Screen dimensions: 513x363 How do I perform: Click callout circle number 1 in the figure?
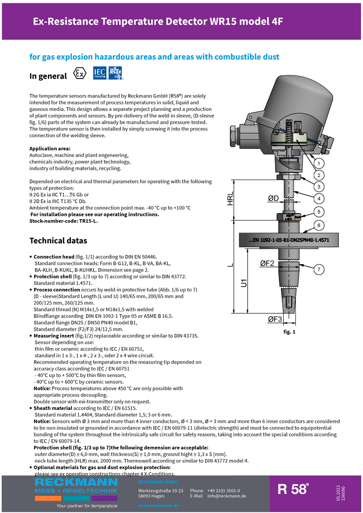(319, 163)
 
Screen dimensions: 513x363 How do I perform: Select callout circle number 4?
(319, 198)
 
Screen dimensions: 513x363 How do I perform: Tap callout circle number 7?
(319, 270)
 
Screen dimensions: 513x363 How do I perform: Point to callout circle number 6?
(319, 225)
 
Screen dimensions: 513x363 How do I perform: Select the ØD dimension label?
(273, 199)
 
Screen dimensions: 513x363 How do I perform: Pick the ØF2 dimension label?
(267, 264)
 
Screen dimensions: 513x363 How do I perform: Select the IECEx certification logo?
(116, 72)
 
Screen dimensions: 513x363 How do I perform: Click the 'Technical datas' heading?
(58, 240)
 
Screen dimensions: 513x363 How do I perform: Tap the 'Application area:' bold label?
(50, 149)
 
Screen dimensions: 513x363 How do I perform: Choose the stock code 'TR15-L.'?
(88, 221)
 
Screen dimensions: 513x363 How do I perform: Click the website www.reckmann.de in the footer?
(158, 505)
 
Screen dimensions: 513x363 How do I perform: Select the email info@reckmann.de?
(227, 496)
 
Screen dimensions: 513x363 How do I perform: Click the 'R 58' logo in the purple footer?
(293, 489)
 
